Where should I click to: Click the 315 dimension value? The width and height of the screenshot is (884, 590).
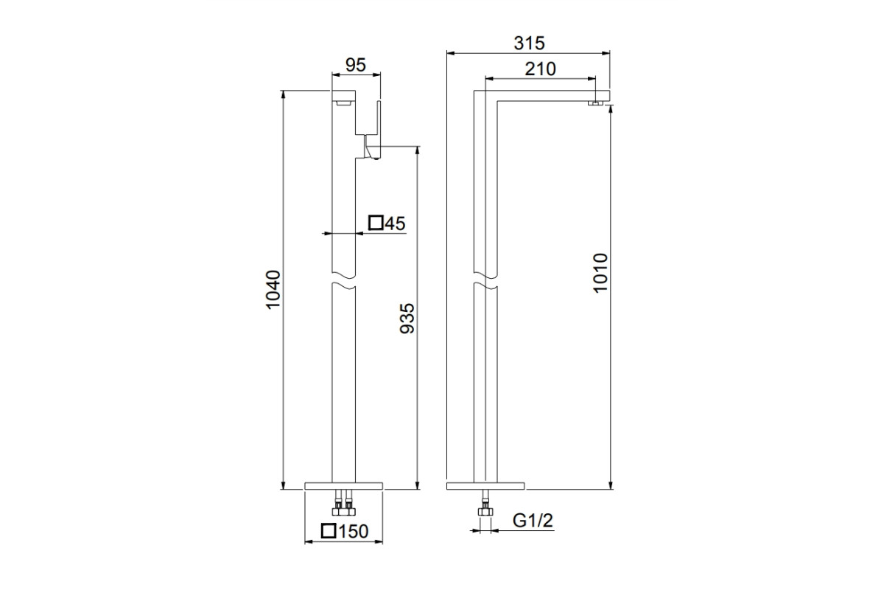coord(529,43)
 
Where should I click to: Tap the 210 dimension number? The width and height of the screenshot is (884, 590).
coord(540,69)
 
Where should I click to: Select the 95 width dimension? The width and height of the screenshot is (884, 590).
coord(356,65)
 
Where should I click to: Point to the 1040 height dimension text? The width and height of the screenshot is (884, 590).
coord(273,289)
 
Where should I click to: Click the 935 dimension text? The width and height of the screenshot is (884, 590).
coord(407,318)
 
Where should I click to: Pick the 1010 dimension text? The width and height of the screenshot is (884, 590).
coord(600,273)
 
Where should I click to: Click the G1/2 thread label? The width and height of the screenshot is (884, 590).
coord(533,521)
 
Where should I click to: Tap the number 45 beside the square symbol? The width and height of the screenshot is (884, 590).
coord(395,223)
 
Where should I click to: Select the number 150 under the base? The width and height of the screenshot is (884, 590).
coord(353,531)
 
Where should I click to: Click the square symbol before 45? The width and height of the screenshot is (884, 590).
coord(376,223)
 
